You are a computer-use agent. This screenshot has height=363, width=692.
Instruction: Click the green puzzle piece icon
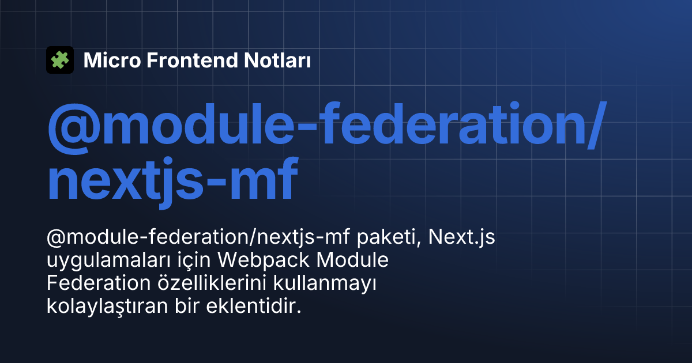pos(60,60)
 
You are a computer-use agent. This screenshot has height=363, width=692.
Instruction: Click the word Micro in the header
pos(112,60)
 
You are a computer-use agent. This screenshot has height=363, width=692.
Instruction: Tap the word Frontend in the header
pos(192,60)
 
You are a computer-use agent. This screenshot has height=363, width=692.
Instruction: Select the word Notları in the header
pos(277,60)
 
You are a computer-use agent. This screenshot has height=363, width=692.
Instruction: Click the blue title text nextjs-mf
pos(172,180)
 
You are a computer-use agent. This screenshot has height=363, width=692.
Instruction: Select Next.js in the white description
pos(461,237)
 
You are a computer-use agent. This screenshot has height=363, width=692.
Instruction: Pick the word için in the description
pos(194,260)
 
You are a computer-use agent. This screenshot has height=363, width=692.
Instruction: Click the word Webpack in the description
pos(264,260)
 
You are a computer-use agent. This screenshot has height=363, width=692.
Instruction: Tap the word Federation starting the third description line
pos(99,283)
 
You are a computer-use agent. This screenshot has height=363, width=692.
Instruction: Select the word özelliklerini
pos(212,283)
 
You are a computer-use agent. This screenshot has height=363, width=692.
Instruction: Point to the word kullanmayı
pos(325,283)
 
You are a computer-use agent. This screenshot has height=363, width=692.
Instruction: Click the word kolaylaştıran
pos(107,306)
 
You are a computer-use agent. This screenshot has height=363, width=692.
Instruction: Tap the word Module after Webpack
pos(352,260)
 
